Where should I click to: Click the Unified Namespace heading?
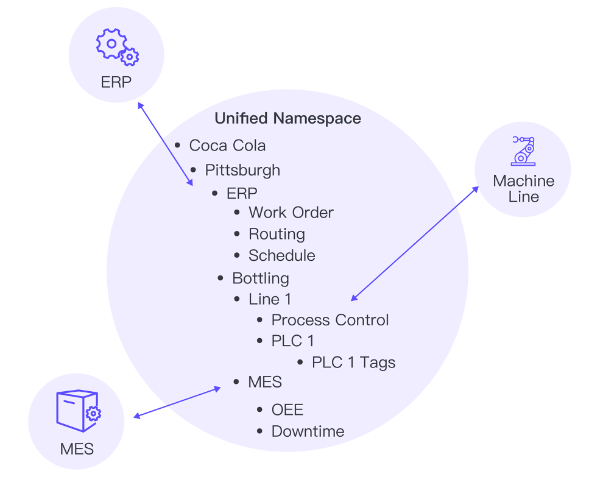287,118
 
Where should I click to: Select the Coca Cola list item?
227,146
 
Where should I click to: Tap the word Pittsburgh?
242,169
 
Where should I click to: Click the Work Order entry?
291,213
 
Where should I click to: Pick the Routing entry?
277,234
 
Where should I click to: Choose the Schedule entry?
281,255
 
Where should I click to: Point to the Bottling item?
260,278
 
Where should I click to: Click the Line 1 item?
269,299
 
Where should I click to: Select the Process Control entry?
330,320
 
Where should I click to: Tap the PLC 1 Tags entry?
353,363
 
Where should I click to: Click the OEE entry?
287,409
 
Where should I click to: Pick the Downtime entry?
308,431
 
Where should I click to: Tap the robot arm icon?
523,150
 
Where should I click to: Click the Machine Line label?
524,189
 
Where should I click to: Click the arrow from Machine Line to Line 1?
414,244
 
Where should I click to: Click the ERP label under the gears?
116,82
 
